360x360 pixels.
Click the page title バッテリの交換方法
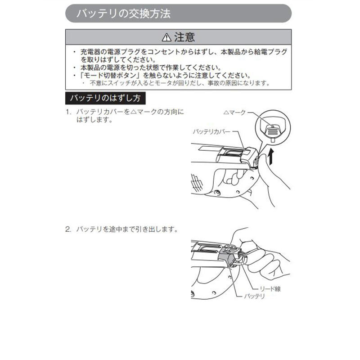pyautogui.click(x=123, y=13)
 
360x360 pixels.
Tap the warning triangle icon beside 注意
pyautogui.click(x=166, y=37)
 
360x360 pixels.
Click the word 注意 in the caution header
pyautogui.click(x=184, y=37)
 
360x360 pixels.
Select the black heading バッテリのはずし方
pyautogui.click(x=105, y=98)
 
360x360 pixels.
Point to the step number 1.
pyautogui.click(x=68, y=112)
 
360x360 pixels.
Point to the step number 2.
pyautogui.click(x=68, y=229)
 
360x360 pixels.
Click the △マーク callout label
pyautogui.click(x=234, y=112)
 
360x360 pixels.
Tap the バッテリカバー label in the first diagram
pyautogui.click(x=211, y=131)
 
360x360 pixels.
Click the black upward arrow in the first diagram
pyautogui.click(x=271, y=156)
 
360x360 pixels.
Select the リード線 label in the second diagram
pyautogui.click(x=270, y=288)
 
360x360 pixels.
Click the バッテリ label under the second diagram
pyautogui.click(x=254, y=296)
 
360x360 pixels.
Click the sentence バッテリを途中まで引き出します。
pyautogui.click(x=127, y=229)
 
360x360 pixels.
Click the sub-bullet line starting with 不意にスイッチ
pyautogui.click(x=180, y=83)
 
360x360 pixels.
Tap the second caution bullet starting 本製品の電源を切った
pyautogui.click(x=151, y=67)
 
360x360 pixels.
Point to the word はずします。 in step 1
pyautogui.click(x=94, y=120)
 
